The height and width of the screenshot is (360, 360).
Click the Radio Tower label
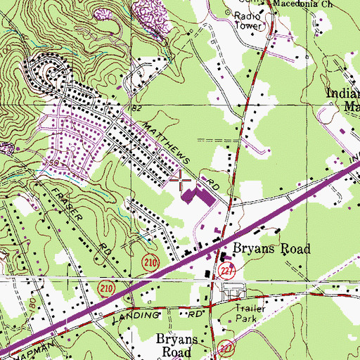(247, 21)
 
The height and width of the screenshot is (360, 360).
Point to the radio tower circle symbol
(233, 11)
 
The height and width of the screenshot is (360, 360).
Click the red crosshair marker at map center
(180, 180)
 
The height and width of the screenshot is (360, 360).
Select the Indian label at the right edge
(342, 94)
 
